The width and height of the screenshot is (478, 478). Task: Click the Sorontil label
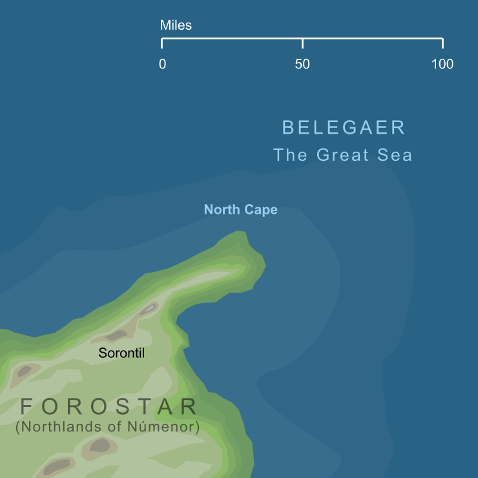pos(121,353)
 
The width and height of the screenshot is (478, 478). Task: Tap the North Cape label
pos(240,210)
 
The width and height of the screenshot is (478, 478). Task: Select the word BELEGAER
pos(344,127)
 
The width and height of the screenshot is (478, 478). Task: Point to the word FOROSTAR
pos(109,407)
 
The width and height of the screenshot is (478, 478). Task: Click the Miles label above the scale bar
pos(176,26)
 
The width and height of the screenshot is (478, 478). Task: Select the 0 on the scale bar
pos(162,65)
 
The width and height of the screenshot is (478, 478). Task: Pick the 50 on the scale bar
pos(302,65)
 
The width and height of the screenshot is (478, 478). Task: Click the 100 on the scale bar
pos(442,65)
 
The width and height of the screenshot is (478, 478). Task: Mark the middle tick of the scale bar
pos(302,43)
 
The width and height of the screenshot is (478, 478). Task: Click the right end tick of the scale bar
pos(442,43)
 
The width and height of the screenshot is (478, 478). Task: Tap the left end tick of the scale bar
pos(161,43)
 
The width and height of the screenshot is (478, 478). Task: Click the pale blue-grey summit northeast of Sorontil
pos(149,309)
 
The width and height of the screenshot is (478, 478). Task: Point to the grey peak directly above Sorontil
pos(117,335)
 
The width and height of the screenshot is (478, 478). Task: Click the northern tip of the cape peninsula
pos(241,233)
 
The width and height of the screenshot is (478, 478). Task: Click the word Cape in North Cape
pos(261,210)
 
